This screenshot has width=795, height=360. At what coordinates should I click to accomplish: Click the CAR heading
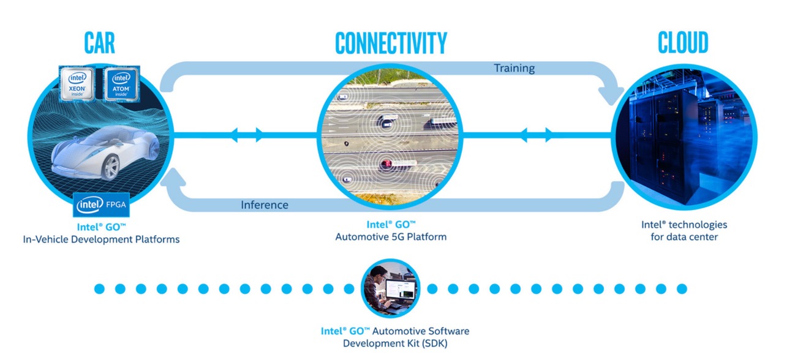99,43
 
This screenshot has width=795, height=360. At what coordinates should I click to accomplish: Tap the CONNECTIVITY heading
391,43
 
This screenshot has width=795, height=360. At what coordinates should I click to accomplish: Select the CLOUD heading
683,43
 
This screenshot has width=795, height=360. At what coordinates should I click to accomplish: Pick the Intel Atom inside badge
120,84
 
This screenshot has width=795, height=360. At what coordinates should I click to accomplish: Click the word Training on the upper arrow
514,68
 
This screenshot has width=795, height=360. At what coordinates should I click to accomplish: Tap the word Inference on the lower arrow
265,204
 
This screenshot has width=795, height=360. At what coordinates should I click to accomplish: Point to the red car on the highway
386,163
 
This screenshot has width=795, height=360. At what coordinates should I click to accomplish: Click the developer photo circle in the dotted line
390,288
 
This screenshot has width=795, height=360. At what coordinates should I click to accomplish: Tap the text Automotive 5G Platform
391,236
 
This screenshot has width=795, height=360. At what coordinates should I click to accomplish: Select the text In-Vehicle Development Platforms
101,239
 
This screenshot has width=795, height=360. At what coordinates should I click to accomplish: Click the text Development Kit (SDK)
395,343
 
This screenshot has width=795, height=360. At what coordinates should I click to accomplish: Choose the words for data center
684,236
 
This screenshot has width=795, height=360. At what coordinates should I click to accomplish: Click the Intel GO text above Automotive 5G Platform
391,224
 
